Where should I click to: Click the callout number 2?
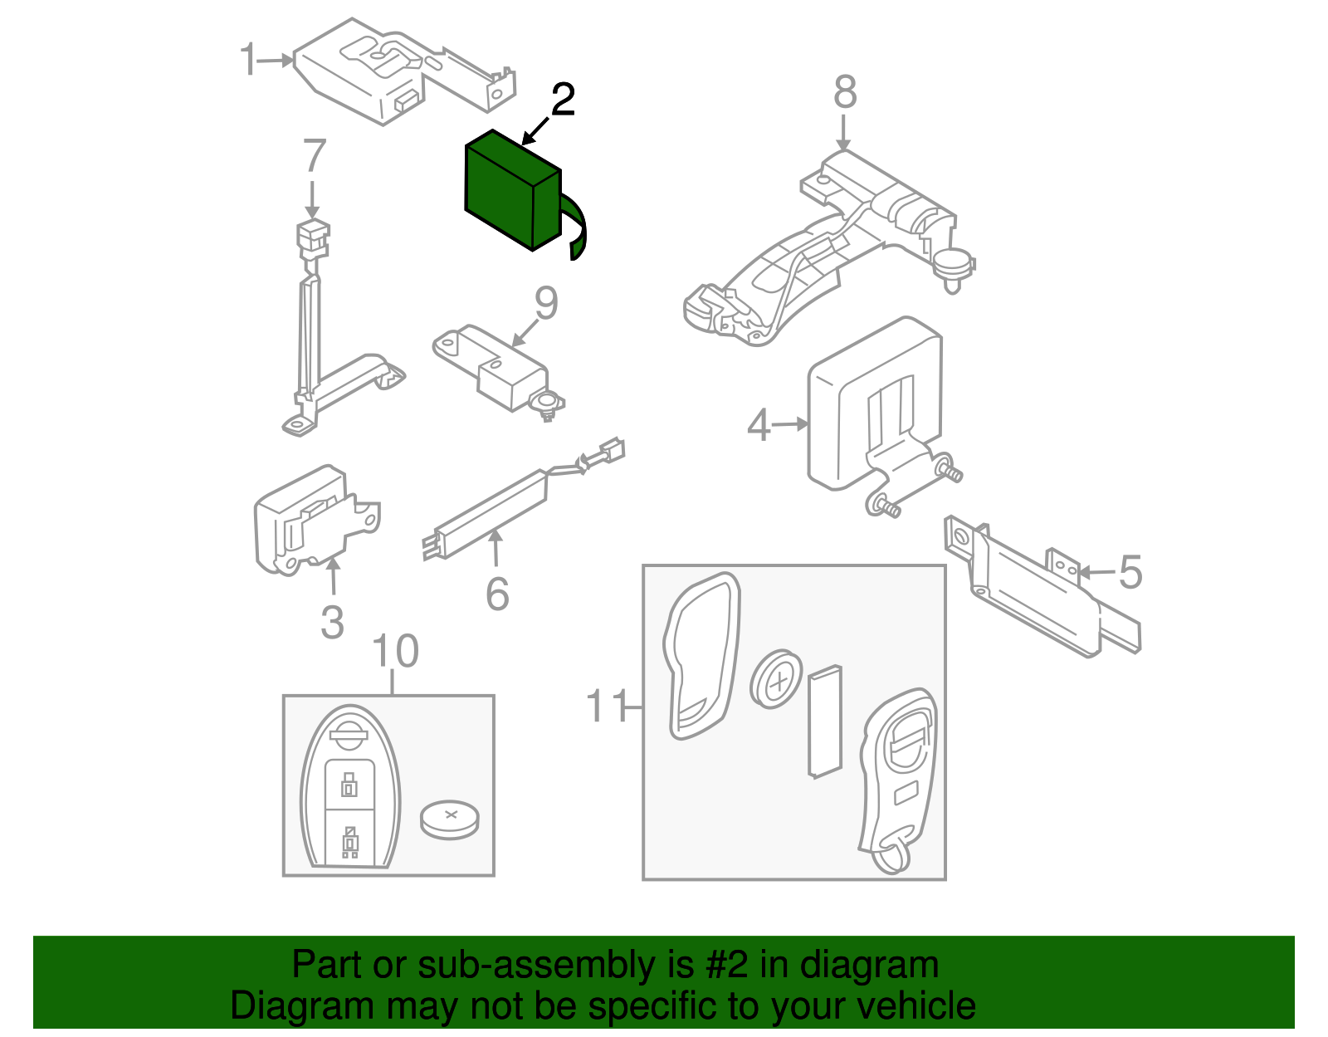(563, 100)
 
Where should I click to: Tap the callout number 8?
(844, 92)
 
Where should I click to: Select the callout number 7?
(315, 156)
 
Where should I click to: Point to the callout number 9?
(545, 304)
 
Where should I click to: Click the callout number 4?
(759, 425)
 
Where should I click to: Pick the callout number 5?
(1130, 573)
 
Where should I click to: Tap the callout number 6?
(497, 594)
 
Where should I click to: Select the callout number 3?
(332, 622)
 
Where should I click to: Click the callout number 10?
(395, 652)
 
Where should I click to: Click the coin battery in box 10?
(449, 819)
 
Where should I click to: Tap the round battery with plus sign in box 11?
(777, 679)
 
